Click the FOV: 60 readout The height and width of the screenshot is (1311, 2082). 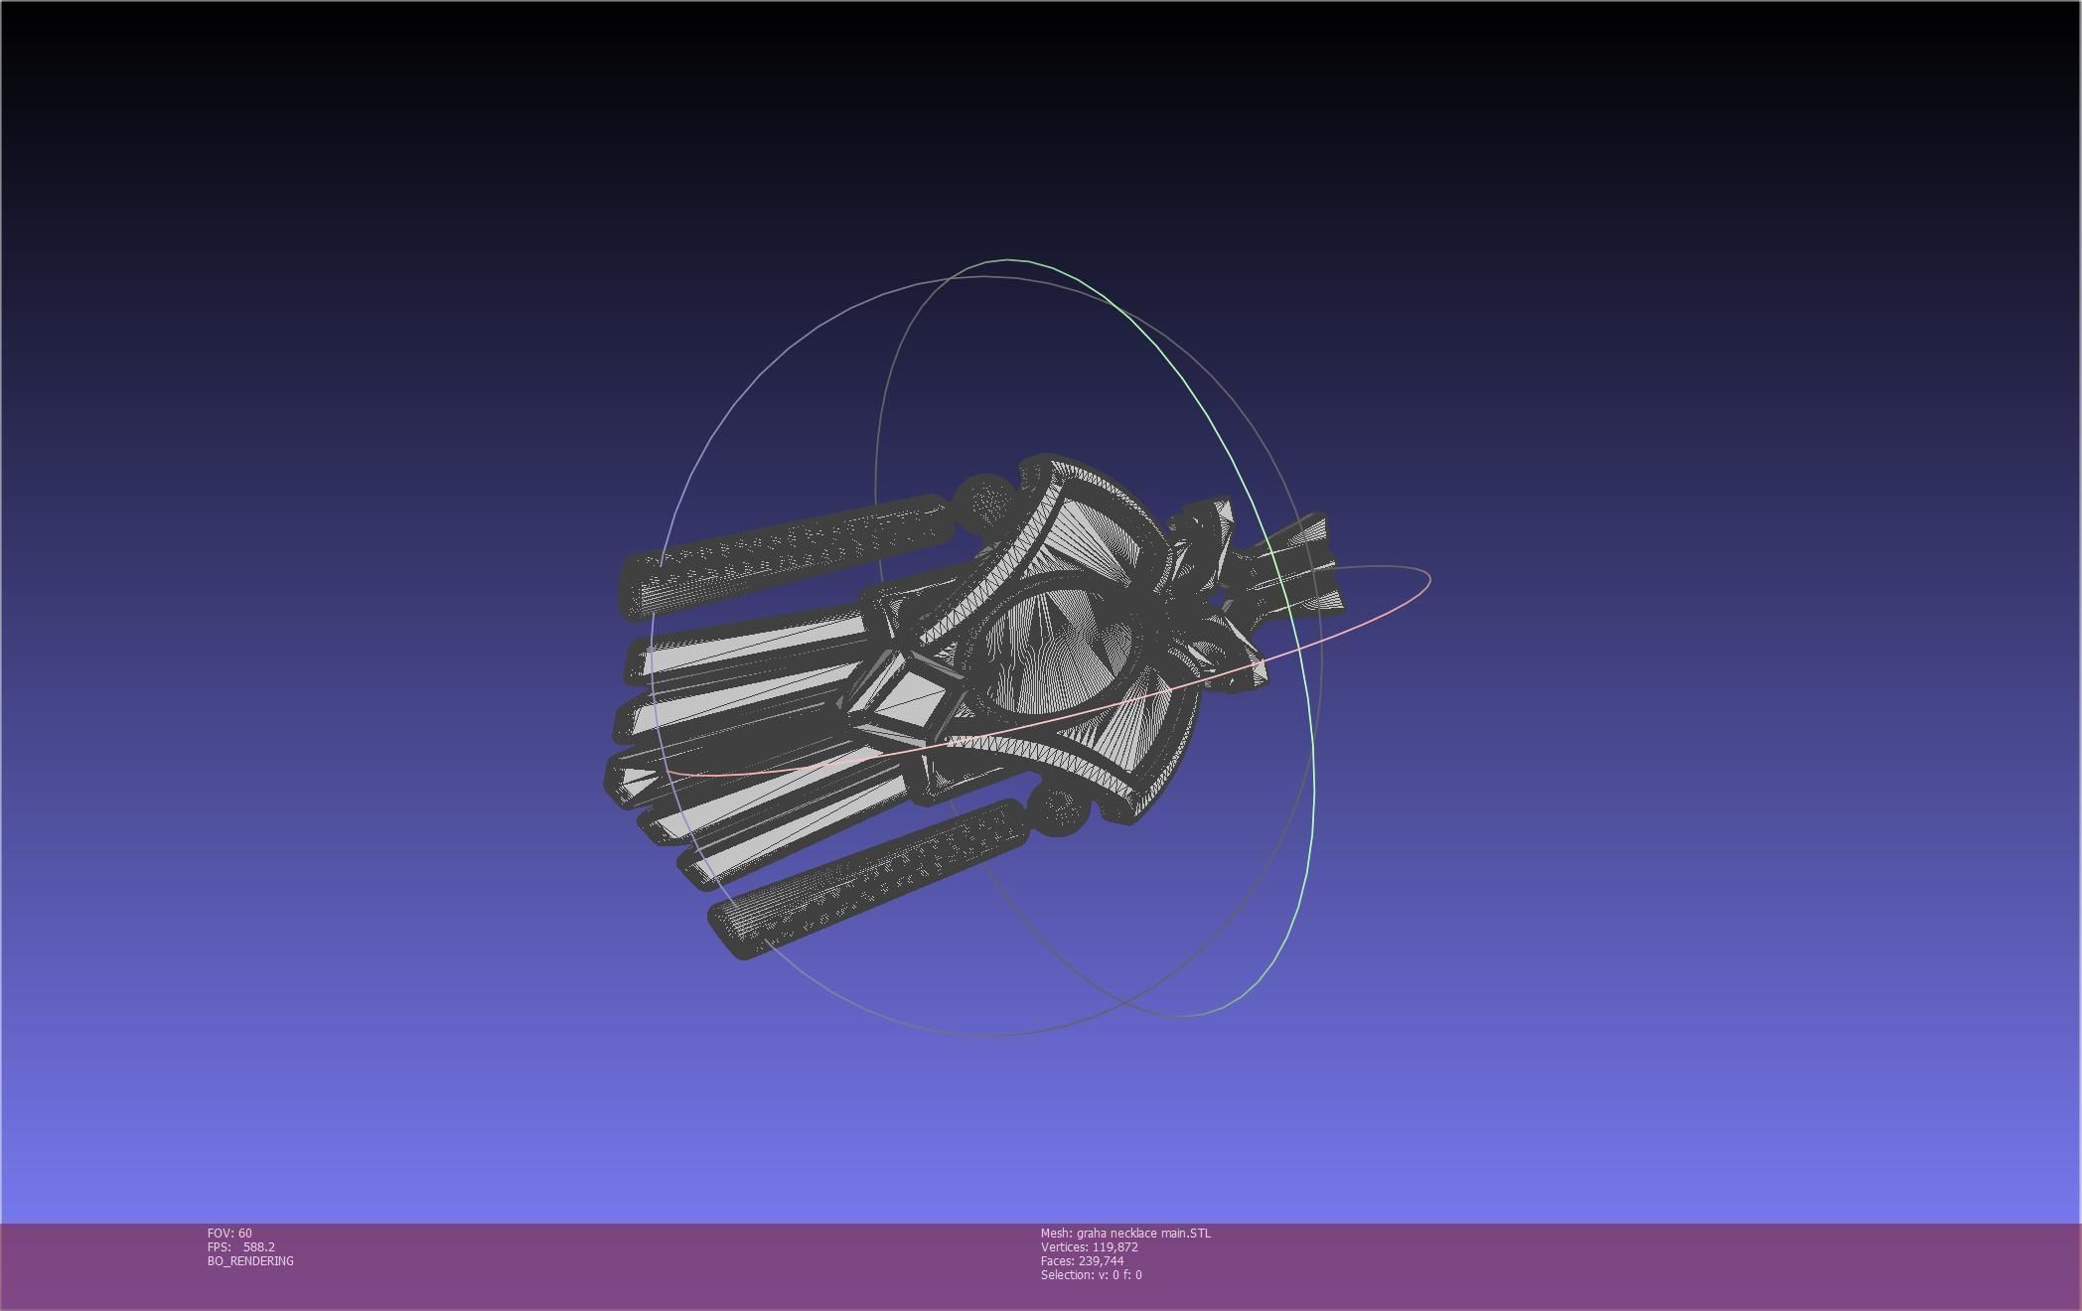229,1234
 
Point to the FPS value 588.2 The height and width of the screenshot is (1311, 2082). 258,1247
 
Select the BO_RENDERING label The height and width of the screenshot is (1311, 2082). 250,1261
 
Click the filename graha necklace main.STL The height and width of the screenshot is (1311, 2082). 1143,1234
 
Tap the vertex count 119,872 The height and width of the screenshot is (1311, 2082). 1115,1247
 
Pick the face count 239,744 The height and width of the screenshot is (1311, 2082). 1101,1261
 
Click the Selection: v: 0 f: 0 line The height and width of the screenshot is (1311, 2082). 1091,1275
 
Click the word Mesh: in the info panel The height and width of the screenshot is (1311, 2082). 1056,1234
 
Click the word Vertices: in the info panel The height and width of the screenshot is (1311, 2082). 1064,1247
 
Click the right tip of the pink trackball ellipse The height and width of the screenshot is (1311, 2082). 1428,578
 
